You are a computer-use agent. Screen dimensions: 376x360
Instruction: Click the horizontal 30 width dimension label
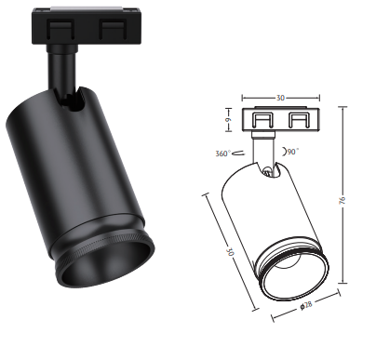(280, 98)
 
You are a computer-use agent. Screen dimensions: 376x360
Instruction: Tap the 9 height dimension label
(228, 119)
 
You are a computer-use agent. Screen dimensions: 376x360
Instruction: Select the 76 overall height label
(342, 200)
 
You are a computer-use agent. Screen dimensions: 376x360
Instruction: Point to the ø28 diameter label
(306, 305)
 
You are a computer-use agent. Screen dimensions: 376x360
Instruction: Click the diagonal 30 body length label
(230, 251)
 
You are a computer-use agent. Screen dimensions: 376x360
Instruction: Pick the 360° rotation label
(223, 153)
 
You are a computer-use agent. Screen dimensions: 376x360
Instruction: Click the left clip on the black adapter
(60, 29)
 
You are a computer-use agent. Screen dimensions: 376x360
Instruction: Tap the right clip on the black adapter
(113, 29)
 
